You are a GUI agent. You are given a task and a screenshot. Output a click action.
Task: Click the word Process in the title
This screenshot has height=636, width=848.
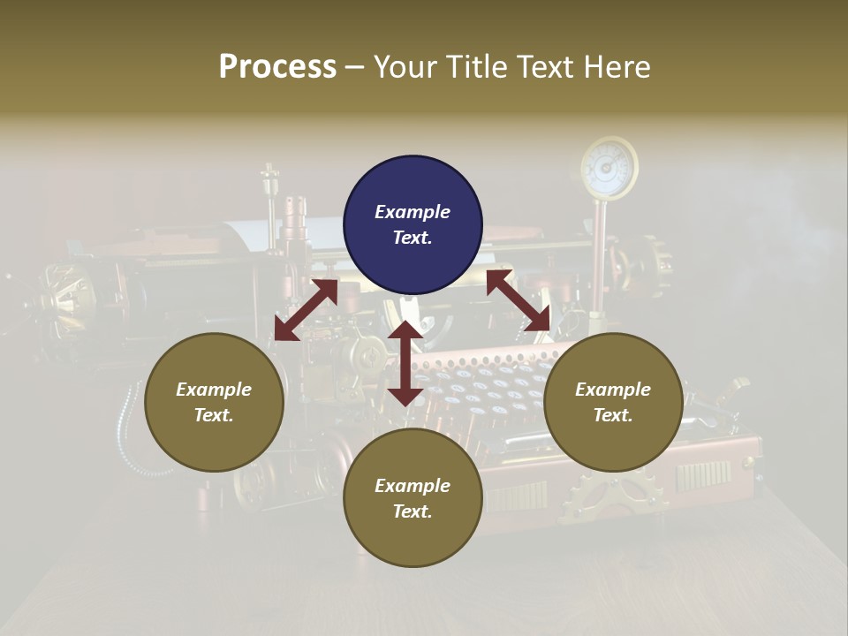[277, 67]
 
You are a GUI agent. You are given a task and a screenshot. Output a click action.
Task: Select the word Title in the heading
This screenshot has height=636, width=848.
[475, 67]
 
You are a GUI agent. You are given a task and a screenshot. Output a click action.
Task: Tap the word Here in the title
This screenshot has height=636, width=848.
[615, 67]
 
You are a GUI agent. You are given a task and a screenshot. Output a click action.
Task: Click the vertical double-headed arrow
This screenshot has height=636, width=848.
[405, 364]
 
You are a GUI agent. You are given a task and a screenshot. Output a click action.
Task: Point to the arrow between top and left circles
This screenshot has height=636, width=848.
[306, 310]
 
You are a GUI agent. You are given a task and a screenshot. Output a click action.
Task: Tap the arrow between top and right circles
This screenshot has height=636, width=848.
[519, 300]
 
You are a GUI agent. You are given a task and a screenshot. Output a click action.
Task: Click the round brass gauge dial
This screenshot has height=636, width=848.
[609, 167]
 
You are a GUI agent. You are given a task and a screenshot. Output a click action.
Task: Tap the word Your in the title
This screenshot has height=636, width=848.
[405, 67]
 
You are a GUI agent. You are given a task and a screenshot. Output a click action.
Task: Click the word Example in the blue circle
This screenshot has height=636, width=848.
[413, 212]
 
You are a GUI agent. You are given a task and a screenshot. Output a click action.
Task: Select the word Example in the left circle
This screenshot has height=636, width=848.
[214, 390]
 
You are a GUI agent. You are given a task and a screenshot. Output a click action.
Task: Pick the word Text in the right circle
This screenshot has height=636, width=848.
[613, 415]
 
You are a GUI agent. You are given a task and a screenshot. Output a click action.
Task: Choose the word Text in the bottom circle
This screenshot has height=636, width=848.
[413, 511]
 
